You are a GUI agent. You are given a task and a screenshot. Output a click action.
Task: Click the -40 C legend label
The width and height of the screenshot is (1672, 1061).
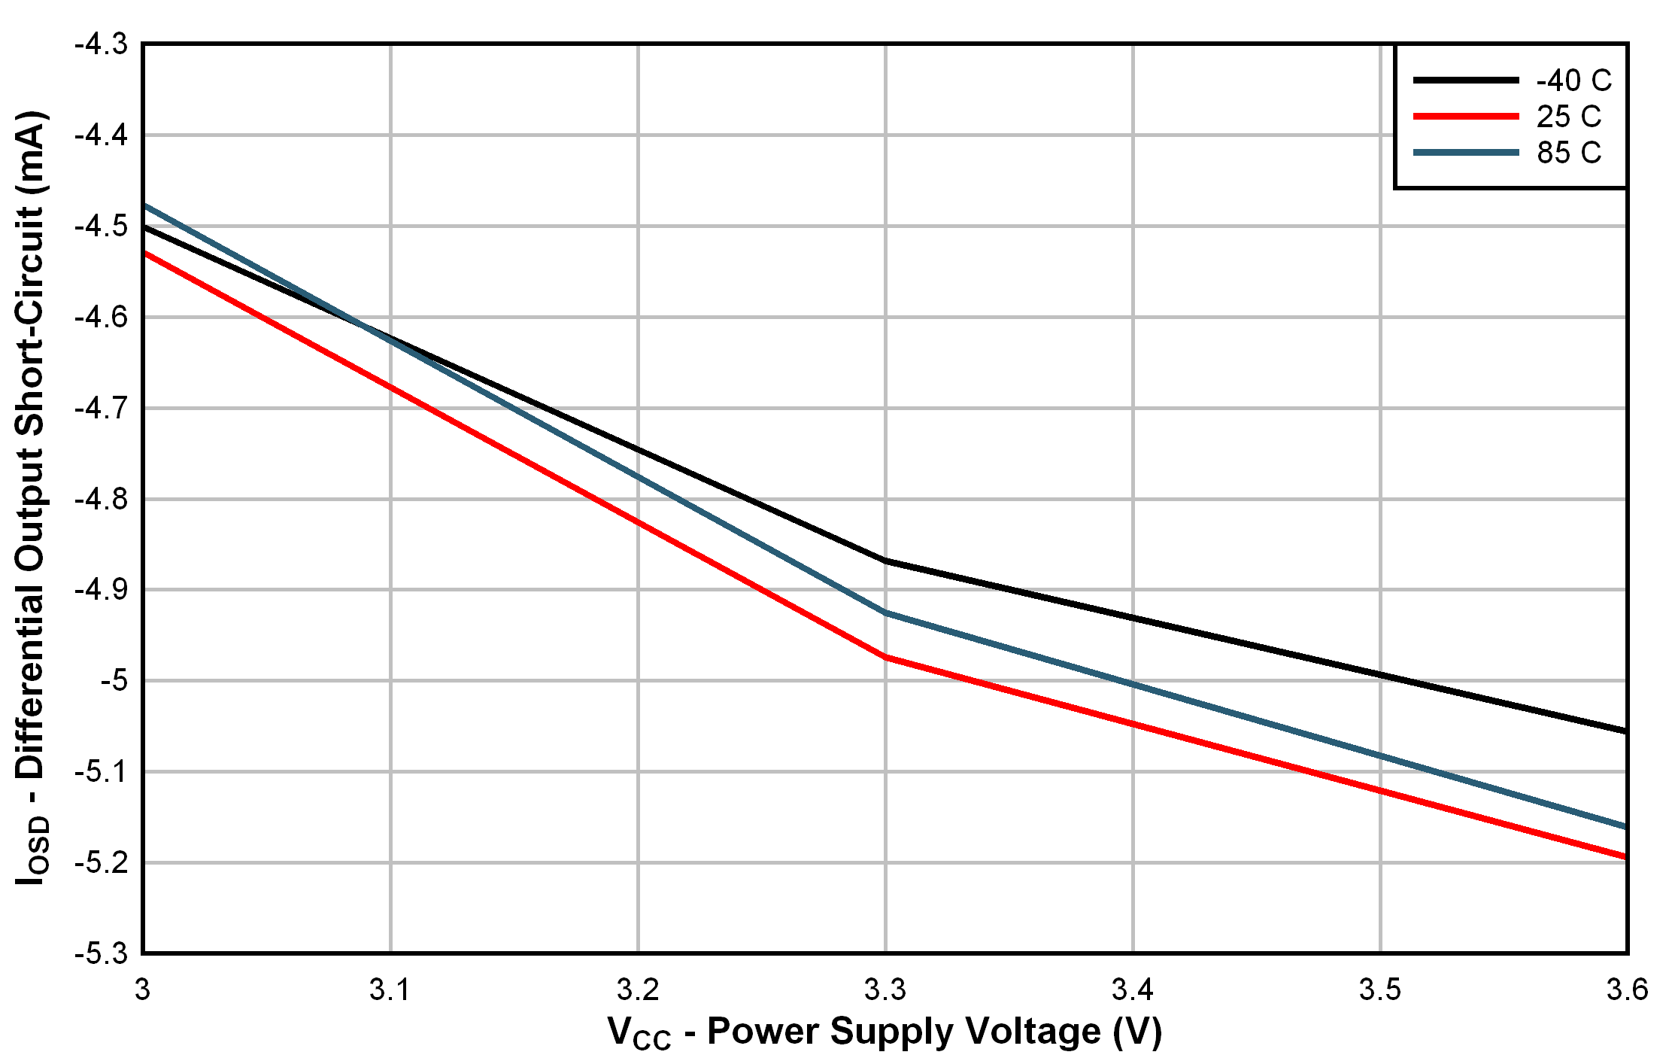(x=1573, y=81)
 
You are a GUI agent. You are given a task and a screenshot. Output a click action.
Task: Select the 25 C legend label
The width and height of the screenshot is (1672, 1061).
(x=1568, y=117)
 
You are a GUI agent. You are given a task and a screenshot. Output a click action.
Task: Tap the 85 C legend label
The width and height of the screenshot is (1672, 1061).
(x=1568, y=153)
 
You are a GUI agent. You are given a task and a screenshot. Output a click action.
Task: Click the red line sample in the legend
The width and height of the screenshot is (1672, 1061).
(x=1466, y=117)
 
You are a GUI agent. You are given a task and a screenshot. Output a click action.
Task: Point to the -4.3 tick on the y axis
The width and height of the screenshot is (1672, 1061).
(x=101, y=44)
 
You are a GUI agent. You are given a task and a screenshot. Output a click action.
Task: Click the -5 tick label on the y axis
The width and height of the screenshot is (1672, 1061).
(x=114, y=681)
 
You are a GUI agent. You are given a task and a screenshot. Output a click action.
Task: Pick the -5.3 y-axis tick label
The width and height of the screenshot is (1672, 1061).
(x=101, y=953)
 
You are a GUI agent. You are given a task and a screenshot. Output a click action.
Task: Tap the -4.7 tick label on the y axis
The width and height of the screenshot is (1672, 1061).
(x=101, y=409)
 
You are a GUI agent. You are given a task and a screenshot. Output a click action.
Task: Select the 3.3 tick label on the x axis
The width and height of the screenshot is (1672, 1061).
(x=885, y=990)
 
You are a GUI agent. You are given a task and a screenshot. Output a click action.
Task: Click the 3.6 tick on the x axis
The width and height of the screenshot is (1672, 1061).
(x=1627, y=990)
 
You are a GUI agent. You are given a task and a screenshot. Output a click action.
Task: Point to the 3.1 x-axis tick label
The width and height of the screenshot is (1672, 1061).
(x=390, y=990)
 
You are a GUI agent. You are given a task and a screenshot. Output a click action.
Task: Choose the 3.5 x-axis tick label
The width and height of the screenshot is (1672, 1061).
(x=1380, y=990)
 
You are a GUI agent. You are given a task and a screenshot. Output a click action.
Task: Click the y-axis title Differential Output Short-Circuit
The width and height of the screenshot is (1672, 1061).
(x=32, y=497)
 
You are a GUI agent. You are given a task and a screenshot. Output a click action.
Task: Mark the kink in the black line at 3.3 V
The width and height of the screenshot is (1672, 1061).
(x=885, y=561)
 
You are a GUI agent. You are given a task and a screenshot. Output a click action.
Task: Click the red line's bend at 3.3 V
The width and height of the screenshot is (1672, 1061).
(x=885, y=657)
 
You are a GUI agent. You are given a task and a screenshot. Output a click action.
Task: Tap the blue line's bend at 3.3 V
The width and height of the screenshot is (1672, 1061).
(x=885, y=613)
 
